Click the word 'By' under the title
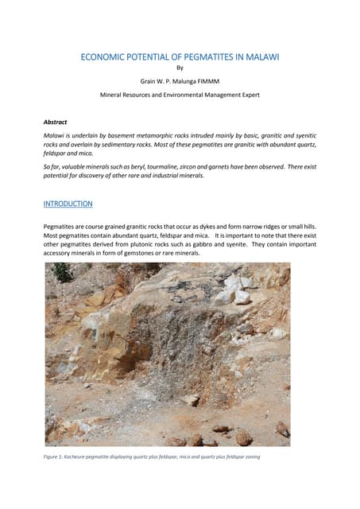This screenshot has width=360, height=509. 179,68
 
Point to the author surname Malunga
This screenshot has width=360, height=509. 192,80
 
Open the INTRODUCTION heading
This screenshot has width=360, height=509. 68,204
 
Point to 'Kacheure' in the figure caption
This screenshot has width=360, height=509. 75,457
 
